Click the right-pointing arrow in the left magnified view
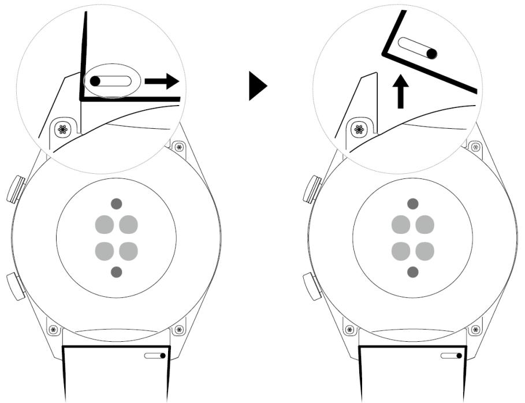point(162,81)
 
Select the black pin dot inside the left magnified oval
point(95,81)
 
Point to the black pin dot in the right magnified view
point(431,54)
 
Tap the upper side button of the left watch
point(16,189)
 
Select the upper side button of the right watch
point(312,189)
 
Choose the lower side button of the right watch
point(312,286)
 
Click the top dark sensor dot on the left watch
point(117,203)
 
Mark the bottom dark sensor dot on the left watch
point(117,271)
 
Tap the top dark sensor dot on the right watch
point(412,203)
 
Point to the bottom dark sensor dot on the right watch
point(412,271)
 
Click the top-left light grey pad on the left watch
point(105,224)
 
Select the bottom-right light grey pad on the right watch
point(425,251)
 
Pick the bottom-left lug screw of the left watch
point(53,330)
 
